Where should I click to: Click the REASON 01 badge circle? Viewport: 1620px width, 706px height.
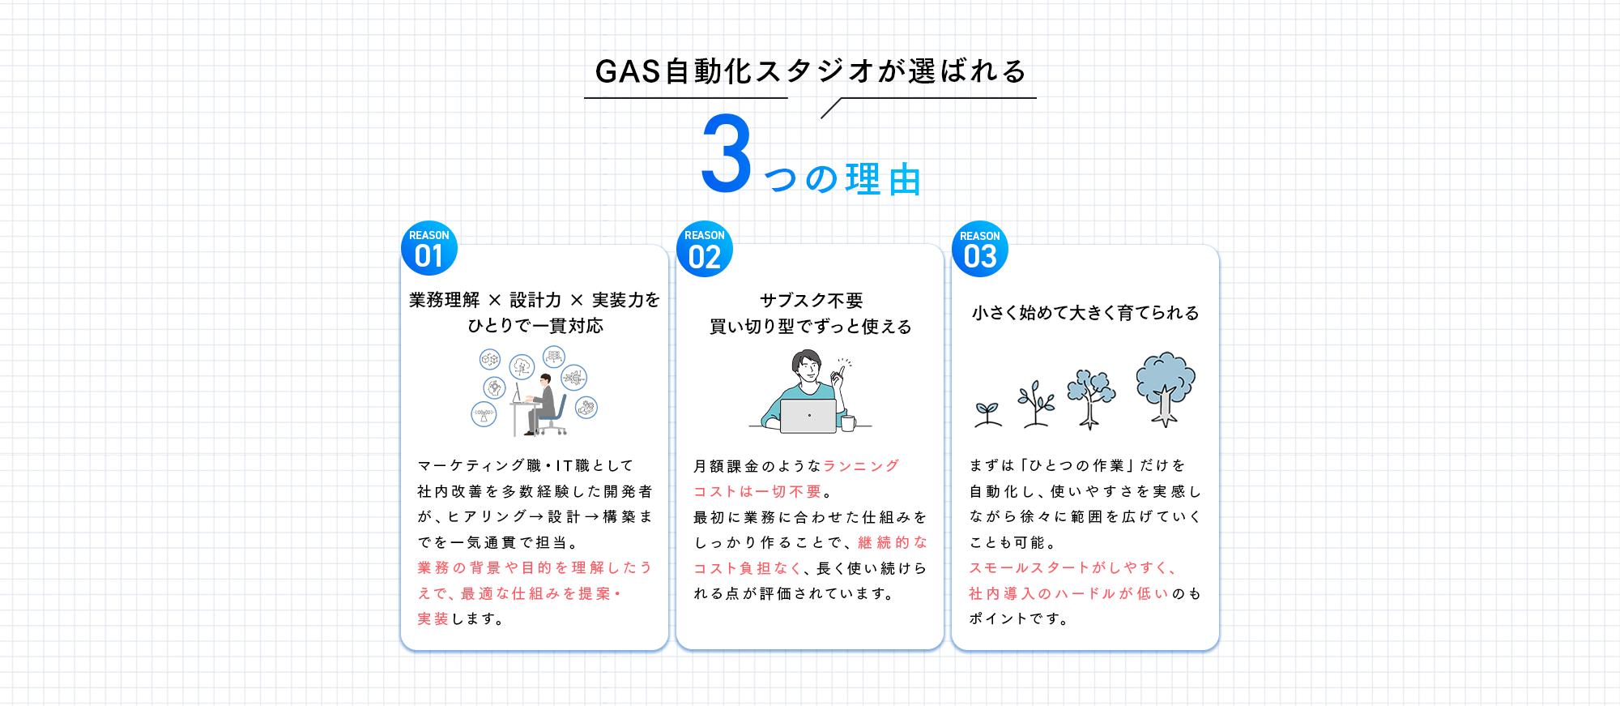[x=429, y=248]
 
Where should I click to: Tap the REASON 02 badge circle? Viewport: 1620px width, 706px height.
[x=705, y=249]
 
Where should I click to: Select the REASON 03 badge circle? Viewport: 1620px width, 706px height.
[x=980, y=249]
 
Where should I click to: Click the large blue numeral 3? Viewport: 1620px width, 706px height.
[x=727, y=154]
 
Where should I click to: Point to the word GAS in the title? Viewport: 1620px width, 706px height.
[x=628, y=71]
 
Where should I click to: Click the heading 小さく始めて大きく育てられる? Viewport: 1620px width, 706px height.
[x=1085, y=313]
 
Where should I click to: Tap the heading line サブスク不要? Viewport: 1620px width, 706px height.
[x=811, y=301]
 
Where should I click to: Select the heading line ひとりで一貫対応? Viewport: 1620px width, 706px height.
[x=535, y=326]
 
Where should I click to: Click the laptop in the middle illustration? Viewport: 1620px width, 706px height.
[x=808, y=416]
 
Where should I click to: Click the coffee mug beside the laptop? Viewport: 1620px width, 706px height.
[x=847, y=422]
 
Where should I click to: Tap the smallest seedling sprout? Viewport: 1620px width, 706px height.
[x=987, y=413]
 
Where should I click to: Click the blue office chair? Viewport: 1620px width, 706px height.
[x=555, y=415]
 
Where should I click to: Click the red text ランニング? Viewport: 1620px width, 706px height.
[x=861, y=466]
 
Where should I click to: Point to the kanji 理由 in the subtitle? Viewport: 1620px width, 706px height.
[x=884, y=179]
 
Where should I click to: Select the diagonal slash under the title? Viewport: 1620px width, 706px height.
[x=831, y=109]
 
